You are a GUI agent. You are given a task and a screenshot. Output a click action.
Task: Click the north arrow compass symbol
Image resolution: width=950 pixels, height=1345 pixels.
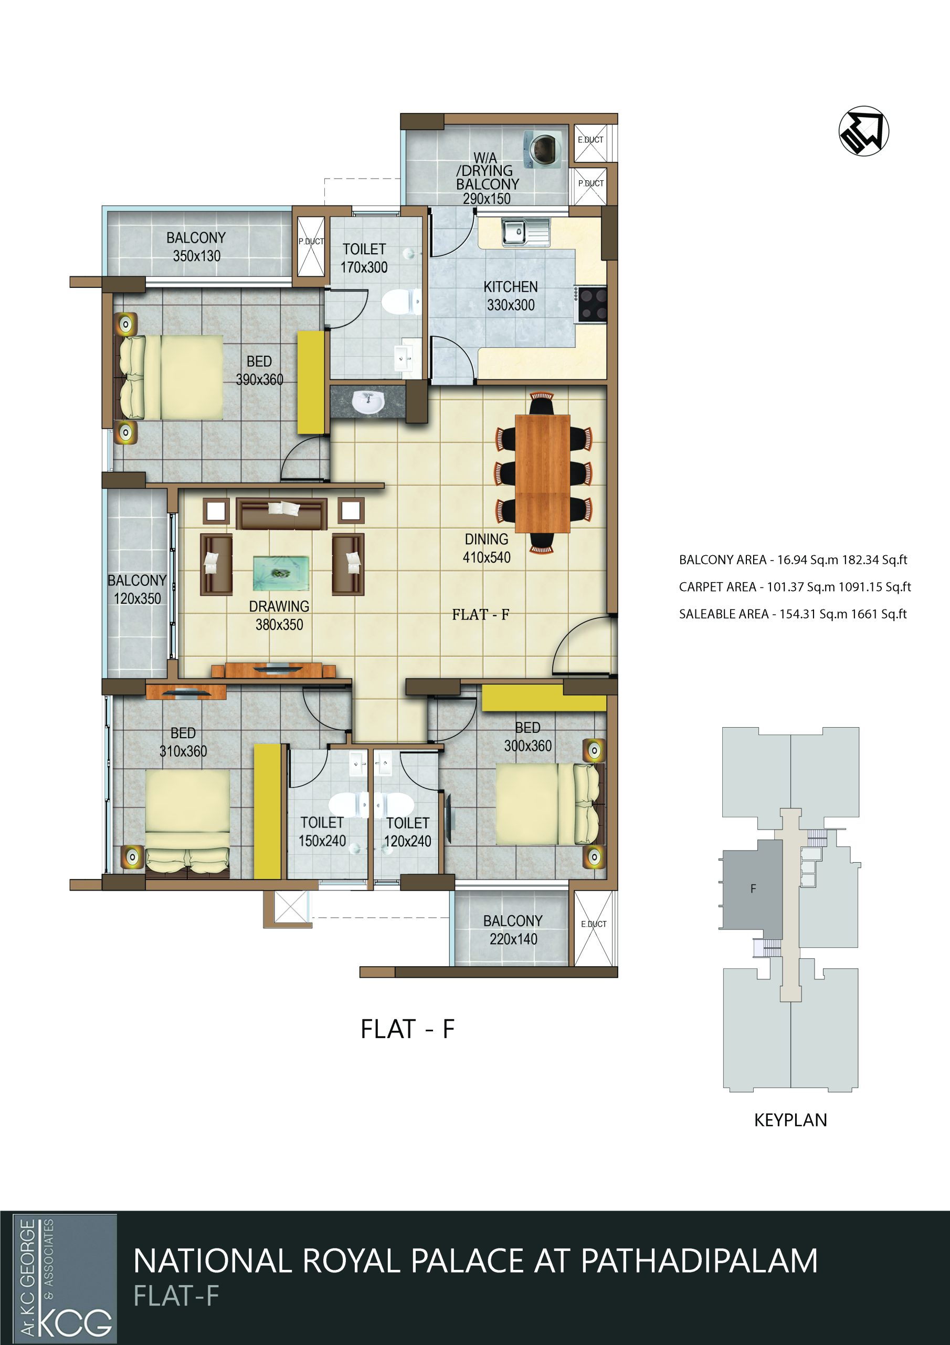pyautogui.click(x=863, y=131)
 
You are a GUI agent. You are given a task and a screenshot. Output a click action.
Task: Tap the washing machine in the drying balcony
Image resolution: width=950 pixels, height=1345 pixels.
pyautogui.click(x=544, y=149)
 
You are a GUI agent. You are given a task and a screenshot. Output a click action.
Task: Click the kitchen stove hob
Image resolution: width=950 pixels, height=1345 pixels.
pyautogui.click(x=592, y=304)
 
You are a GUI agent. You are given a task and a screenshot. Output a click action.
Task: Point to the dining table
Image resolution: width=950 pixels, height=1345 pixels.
pyautogui.click(x=543, y=473)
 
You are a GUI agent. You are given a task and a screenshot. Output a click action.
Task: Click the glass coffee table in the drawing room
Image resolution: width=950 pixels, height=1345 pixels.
pyautogui.click(x=281, y=573)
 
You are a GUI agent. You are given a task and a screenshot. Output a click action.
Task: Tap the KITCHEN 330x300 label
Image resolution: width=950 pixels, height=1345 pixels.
pyautogui.click(x=510, y=296)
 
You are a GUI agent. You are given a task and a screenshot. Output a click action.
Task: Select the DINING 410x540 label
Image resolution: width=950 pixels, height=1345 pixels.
pyautogui.click(x=487, y=549)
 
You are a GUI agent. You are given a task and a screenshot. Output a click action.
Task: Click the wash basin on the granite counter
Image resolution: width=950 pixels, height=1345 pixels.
pyautogui.click(x=367, y=402)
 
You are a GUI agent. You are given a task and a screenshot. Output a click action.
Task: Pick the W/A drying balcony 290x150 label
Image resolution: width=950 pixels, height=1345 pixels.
pyautogui.click(x=487, y=178)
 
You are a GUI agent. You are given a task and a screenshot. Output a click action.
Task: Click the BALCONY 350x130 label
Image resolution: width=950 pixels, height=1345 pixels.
pyautogui.click(x=196, y=246)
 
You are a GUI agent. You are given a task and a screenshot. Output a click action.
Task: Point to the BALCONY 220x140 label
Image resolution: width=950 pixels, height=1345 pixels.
pyautogui.click(x=513, y=929)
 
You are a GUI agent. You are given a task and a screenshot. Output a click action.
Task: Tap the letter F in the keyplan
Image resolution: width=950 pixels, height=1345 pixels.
pyautogui.click(x=753, y=888)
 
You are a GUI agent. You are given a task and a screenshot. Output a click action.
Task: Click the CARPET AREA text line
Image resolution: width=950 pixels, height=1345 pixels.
pyautogui.click(x=795, y=587)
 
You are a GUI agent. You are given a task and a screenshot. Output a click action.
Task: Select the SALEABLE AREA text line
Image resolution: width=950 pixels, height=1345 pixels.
pyautogui.click(x=793, y=614)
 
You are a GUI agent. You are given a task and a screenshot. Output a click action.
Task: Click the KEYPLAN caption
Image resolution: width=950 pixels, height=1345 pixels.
pyautogui.click(x=790, y=1120)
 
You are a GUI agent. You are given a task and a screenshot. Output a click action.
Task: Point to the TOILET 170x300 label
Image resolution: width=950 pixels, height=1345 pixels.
pyautogui.click(x=364, y=258)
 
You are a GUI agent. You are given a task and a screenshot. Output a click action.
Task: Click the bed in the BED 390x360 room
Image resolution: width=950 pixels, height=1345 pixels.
pyautogui.click(x=172, y=377)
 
